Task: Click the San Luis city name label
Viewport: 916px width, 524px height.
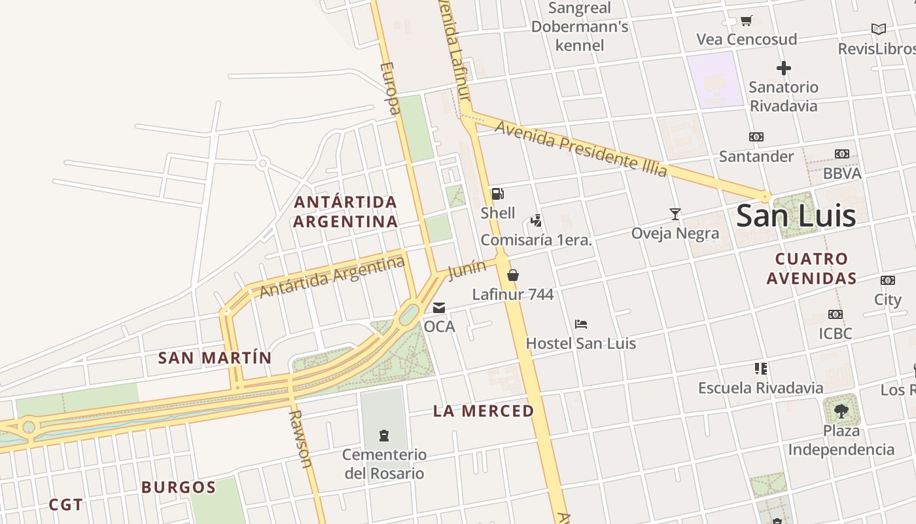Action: pyautogui.click(x=796, y=216)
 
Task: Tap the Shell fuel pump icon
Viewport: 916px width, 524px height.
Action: pyautogui.click(x=497, y=194)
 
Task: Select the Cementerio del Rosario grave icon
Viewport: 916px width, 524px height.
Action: pyautogui.click(x=384, y=435)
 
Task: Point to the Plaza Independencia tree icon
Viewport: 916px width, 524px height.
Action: pyautogui.click(x=841, y=411)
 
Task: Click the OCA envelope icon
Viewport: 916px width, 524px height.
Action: pyautogui.click(x=439, y=307)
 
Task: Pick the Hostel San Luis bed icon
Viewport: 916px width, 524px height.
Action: pyautogui.click(x=581, y=324)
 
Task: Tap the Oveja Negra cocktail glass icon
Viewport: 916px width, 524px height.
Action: pyautogui.click(x=675, y=214)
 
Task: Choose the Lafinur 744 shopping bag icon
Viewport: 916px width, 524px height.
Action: pyautogui.click(x=513, y=275)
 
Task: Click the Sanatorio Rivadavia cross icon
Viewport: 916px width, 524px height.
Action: pyautogui.click(x=783, y=67)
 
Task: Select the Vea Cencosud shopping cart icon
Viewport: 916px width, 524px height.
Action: pyautogui.click(x=746, y=20)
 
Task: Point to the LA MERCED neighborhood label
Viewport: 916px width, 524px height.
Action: pyautogui.click(x=484, y=411)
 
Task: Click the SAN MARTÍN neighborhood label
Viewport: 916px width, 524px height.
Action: pyautogui.click(x=215, y=358)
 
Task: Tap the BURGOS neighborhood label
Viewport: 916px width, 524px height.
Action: pyautogui.click(x=178, y=487)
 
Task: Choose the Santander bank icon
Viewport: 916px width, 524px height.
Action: pyautogui.click(x=756, y=137)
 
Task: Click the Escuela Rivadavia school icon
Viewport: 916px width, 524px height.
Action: pyautogui.click(x=760, y=369)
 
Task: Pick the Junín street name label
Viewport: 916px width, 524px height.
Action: pyautogui.click(x=467, y=269)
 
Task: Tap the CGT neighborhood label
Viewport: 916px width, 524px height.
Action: pyautogui.click(x=66, y=504)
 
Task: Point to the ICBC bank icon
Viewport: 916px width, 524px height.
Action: pyautogui.click(x=836, y=314)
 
